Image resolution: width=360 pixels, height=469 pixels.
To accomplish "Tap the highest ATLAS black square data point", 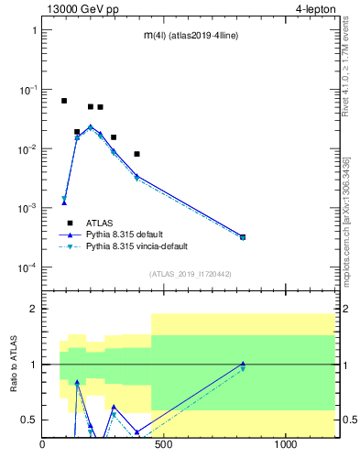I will (64, 101).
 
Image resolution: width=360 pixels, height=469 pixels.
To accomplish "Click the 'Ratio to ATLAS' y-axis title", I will (16, 364).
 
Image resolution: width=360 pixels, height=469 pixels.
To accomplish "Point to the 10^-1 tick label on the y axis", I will (28, 90).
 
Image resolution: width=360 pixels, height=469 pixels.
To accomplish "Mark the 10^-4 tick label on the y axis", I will (28, 267).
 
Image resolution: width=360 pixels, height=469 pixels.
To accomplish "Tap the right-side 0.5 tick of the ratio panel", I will (349, 420).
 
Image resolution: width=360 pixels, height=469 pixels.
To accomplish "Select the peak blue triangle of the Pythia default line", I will (91, 126).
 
